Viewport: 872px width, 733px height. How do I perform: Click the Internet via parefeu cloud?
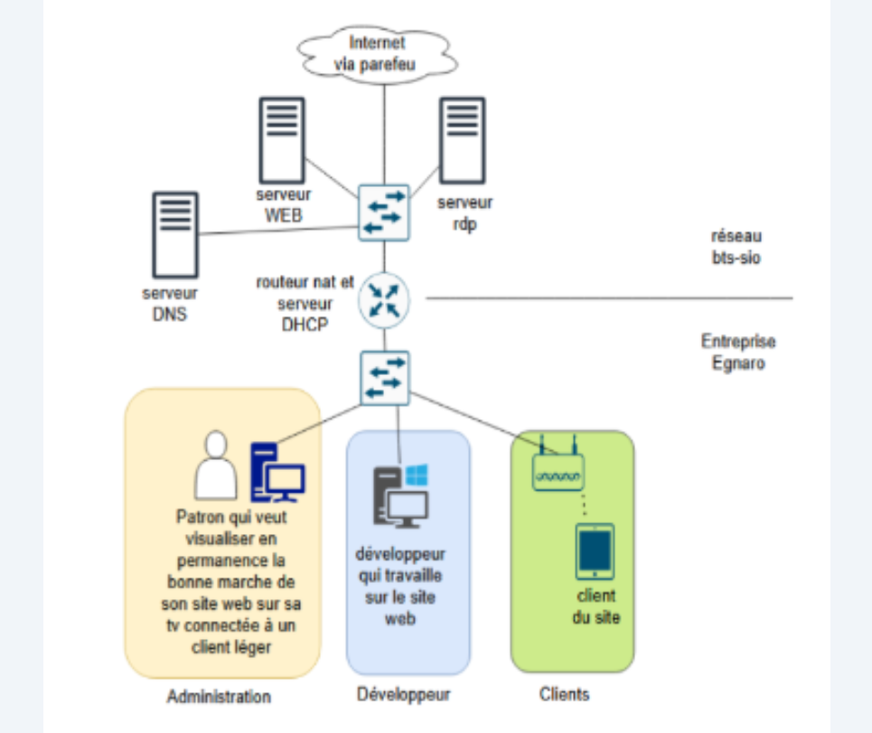pyautogui.click(x=377, y=52)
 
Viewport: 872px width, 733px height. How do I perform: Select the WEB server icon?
pyautogui.click(x=282, y=140)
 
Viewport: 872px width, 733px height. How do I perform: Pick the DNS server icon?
pyautogui.click(x=174, y=234)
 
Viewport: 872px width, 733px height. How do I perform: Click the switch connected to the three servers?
pyautogui.click(x=383, y=211)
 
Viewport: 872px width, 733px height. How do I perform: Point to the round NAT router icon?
pyautogui.click(x=384, y=299)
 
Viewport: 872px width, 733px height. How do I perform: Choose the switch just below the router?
pyautogui.click(x=384, y=377)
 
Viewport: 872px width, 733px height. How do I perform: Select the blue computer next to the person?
pyautogui.click(x=277, y=471)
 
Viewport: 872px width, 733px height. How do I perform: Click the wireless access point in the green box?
pyautogui.click(x=558, y=467)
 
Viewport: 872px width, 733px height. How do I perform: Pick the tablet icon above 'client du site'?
pyautogui.click(x=595, y=551)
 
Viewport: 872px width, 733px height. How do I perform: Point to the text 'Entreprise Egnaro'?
pyautogui.click(x=738, y=352)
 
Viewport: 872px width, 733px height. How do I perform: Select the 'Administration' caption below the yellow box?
pyautogui.click(x=219, y=697)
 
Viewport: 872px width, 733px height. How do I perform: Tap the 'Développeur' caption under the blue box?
pyautogui.click(x=403, y=694)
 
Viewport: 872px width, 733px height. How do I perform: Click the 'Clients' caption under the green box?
pyautogui.click(x=564, y=694)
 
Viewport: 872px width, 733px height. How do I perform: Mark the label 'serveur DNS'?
pyautogui.click(x=170, y=305)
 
